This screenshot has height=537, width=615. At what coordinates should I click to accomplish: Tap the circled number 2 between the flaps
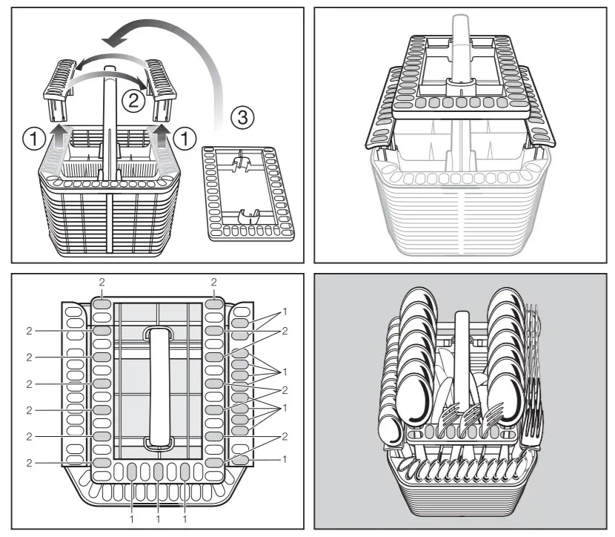coord(134,101)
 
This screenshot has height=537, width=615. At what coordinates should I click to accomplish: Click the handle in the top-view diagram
coord(156,386)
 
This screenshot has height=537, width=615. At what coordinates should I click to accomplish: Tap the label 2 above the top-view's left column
coord(102,283)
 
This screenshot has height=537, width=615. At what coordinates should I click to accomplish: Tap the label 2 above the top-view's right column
coord(214,283)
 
